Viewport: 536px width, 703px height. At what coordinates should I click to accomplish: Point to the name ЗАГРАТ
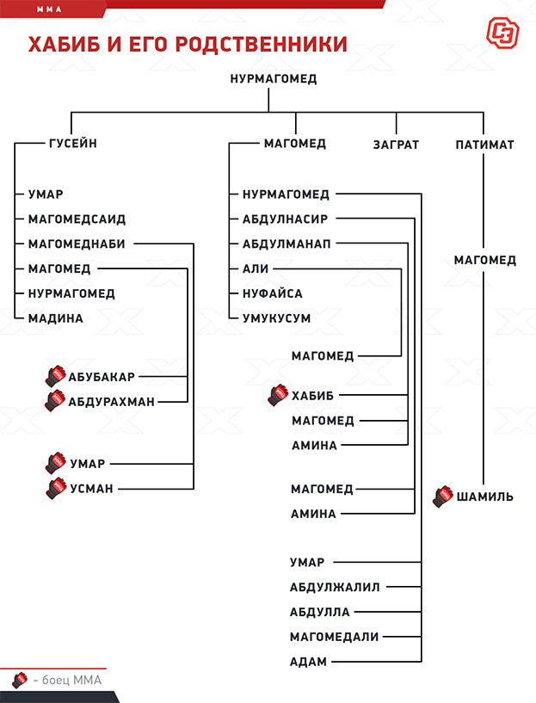[x=396, y=145]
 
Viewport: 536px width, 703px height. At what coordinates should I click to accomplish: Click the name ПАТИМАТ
[x=484, y=145]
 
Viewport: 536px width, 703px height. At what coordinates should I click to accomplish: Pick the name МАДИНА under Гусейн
[x=55, y=318]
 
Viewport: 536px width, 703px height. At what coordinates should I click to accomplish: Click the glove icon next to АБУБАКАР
[x=56, y=375]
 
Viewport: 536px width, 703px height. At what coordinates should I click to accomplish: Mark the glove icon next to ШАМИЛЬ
[x=443, y=496]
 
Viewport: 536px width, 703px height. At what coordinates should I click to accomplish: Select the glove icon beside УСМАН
[x=56, y=489]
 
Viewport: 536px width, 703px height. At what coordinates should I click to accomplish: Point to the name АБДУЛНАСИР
[x=285, y=219]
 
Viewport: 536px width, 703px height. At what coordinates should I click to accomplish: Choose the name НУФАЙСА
[x=272, y=293]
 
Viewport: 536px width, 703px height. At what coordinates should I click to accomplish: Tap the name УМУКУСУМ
[x=276, y=318]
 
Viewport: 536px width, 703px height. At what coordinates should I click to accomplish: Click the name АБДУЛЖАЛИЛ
[x=335, y=588]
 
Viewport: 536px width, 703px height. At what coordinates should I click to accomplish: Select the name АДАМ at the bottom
[x=309, y=662]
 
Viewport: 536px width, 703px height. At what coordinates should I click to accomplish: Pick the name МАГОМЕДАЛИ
[x=334, y=637]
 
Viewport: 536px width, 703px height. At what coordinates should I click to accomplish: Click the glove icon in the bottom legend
[x=20, y=679]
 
